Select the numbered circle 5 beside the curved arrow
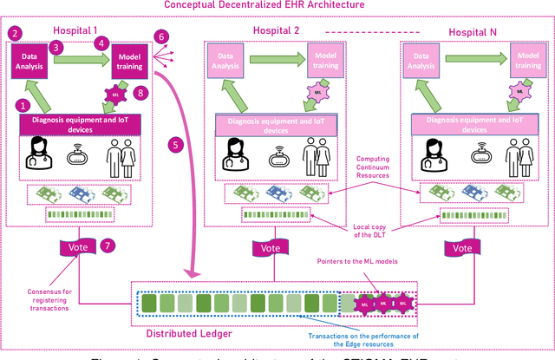pos(177,146)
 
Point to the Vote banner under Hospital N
pos(464,247)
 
